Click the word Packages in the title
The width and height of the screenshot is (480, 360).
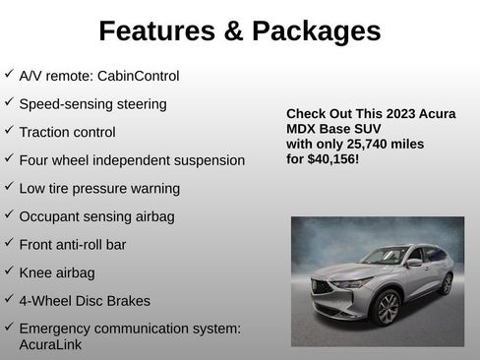click(317, 31)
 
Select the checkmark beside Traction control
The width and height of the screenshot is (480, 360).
click(9, 130)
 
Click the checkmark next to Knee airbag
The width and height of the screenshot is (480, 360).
click(9, 270)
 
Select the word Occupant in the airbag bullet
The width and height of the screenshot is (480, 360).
click(48, 215)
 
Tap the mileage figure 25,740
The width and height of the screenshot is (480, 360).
click(374, 143)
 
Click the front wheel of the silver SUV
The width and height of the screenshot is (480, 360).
click(388, 309)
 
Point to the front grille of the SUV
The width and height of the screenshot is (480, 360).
click(327, 292)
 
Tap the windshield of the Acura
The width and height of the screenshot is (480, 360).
click(384, 257)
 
